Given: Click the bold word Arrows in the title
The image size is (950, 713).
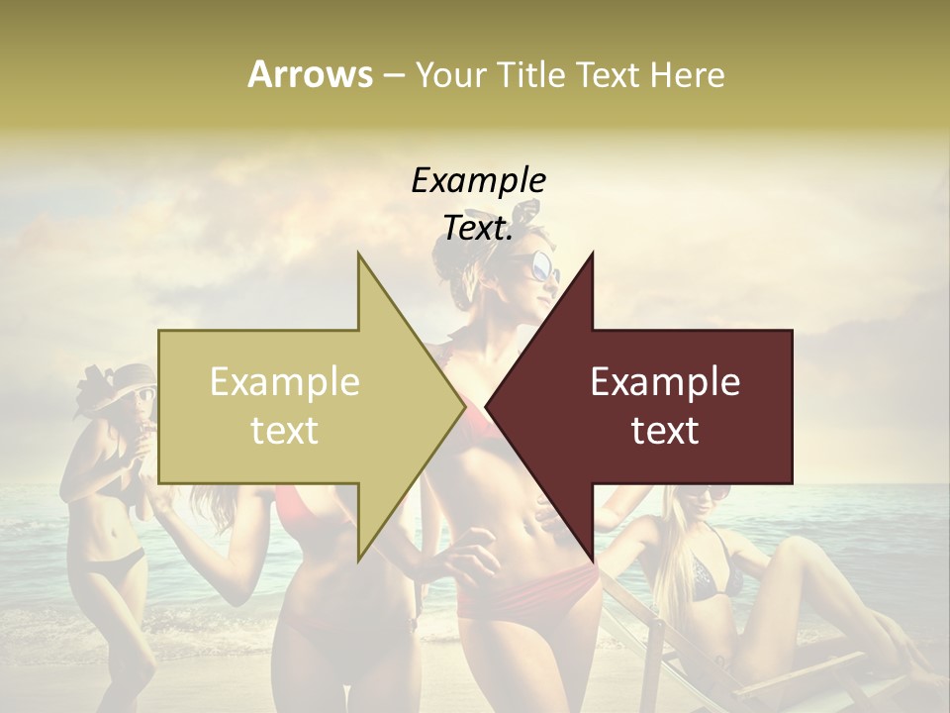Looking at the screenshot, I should [311, 74].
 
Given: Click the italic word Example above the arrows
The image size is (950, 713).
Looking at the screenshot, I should [478, 181].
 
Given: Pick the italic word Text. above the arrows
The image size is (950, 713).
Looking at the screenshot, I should [478, 229].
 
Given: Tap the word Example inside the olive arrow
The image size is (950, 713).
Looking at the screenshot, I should [285, 382].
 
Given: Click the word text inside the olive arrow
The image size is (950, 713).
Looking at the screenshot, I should [285, 431].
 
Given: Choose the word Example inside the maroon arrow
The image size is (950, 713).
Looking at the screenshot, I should [665, 382].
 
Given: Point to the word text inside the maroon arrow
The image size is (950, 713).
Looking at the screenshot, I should [665, 431].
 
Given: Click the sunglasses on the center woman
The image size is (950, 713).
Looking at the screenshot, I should [542, 265].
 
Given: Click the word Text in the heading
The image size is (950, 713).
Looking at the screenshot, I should [606, 74].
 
